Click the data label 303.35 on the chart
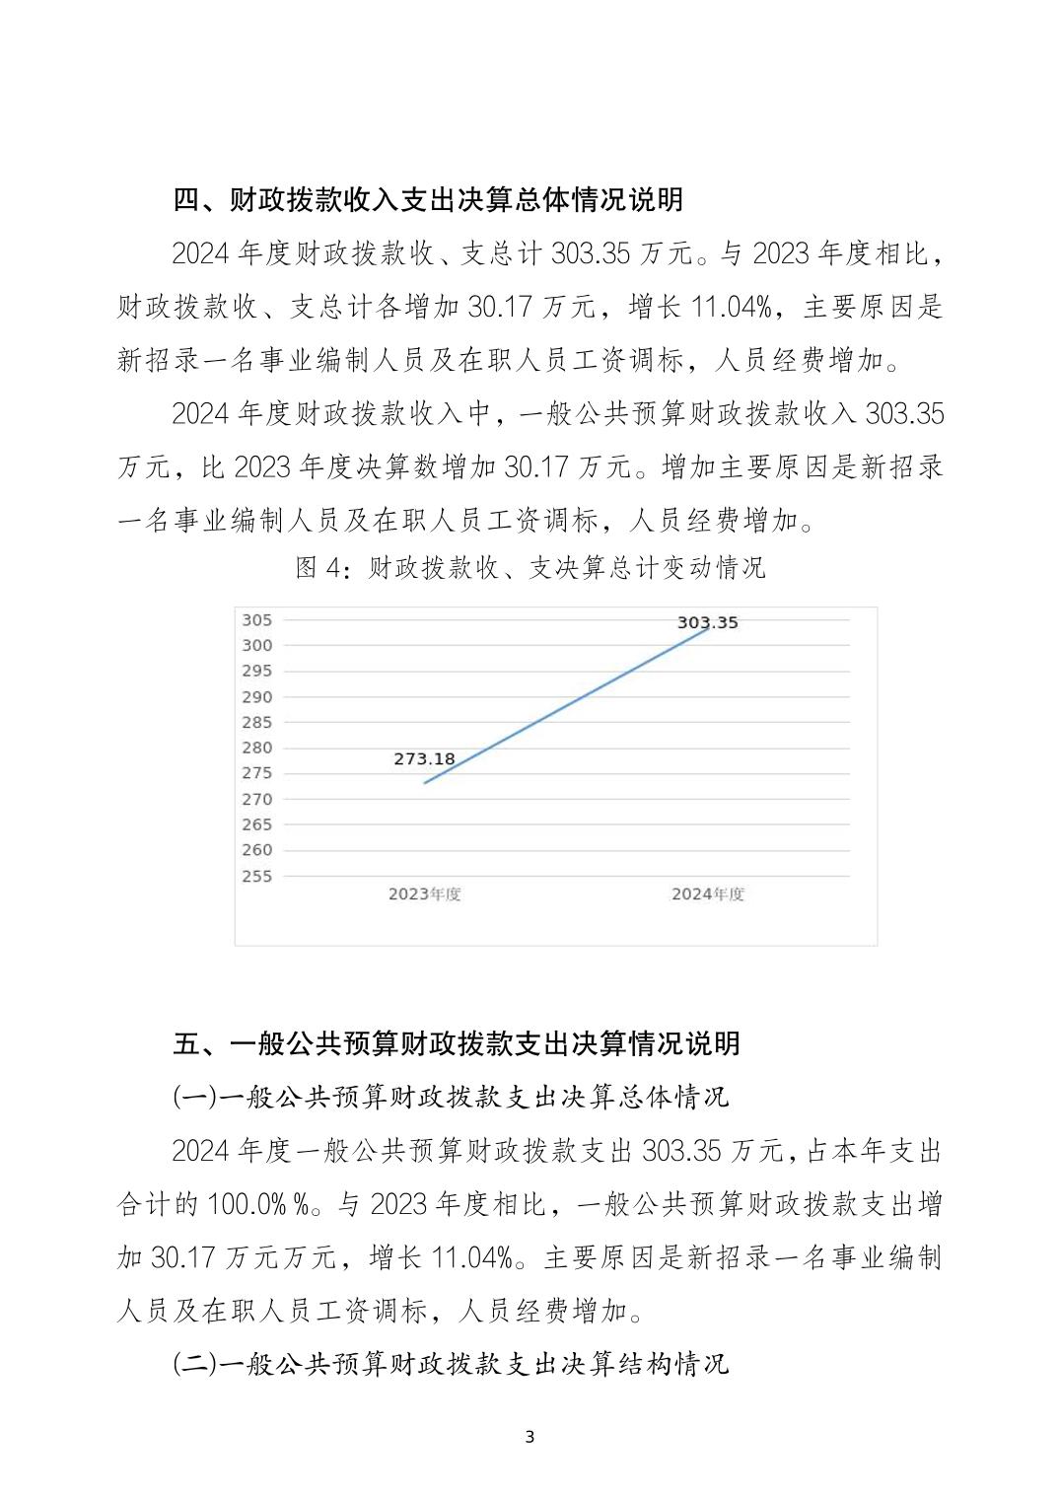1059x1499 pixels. point(707,622)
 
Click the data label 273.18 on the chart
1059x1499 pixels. point(424,758)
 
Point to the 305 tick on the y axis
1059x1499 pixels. point(257,620)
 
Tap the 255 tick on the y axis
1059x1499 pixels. point(257,876)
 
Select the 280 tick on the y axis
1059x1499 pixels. point(257,748)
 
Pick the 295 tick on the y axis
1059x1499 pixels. point(257,671)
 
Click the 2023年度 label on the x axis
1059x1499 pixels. point(424,894)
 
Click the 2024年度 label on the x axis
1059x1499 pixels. point(707,894)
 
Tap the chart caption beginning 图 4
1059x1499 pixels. point(529,568)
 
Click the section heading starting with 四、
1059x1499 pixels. point(428,200)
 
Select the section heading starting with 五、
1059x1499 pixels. point(456,1043)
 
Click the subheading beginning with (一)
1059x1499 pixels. point(450,1097)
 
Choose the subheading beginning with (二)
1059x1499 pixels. point(450,1364)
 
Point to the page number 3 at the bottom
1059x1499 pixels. point(529,1437)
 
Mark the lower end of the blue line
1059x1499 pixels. point(424,783)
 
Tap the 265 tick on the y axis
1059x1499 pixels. point(257,824)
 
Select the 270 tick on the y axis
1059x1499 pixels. point(257,799)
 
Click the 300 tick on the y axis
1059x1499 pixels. point(257,645)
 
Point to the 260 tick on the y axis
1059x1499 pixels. point(257,850)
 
